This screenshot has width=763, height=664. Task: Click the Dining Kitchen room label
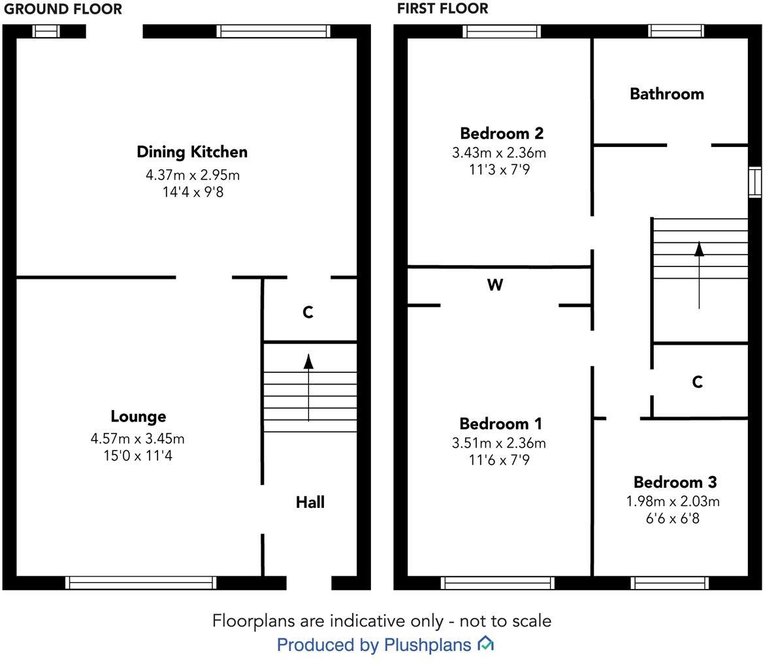[192, 152]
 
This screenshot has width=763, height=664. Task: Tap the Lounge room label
[138, 417]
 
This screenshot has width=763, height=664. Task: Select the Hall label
[310, 502]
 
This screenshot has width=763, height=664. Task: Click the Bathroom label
[666, 94]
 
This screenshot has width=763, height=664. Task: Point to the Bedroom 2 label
[501, 134]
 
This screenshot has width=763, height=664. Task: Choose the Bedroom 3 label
[675, 482]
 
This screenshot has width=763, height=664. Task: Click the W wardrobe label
[495, 285]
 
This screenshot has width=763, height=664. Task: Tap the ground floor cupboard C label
[308, 313]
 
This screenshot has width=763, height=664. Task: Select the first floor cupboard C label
[697, 382]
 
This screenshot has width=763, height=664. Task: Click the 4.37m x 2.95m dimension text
[192, 175]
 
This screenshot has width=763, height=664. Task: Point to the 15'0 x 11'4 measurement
[137, 456]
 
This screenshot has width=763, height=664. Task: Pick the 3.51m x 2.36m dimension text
[498, 443]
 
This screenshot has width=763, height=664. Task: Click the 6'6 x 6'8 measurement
[672, 519]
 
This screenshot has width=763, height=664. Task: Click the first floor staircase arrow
[699, 274]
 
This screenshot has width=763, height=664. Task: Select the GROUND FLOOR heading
[63, 9]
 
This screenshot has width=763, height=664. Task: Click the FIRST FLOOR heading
[442, 9]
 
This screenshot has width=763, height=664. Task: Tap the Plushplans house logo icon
[485, 644]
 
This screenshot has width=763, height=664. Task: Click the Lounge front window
[140, 582]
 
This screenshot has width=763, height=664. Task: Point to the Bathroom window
[675, 31]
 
